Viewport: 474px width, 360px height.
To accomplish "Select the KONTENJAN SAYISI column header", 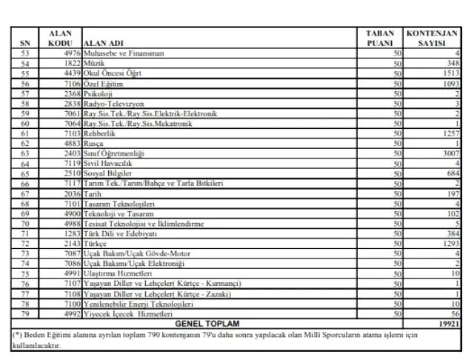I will coord(433,38).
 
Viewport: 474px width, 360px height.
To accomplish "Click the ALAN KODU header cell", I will coord(60,38).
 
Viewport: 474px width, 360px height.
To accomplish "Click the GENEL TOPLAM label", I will coord(208,324).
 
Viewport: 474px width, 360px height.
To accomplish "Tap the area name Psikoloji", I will coord(99,94).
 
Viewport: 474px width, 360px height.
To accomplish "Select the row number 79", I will coord(24,313).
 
